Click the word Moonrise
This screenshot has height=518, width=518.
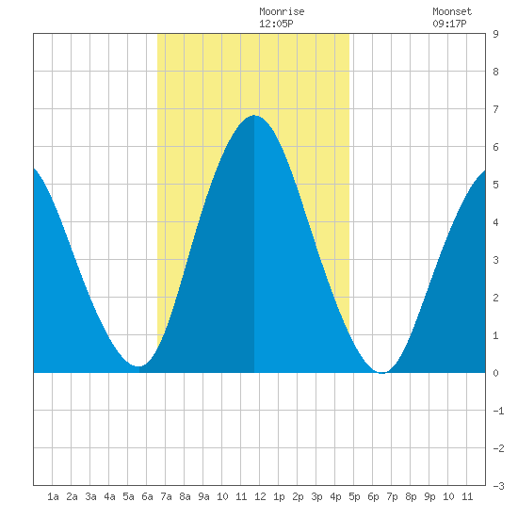282,11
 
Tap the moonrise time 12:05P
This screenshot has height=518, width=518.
276,24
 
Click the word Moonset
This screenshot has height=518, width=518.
452,11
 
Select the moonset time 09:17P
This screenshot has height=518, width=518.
449,24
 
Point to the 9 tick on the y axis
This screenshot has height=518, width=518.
495,34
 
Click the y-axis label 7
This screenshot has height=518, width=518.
495,109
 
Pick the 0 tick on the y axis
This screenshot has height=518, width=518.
495,373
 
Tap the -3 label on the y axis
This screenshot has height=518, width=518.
498,486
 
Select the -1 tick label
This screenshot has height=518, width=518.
498,411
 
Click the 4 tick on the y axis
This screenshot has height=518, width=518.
495,222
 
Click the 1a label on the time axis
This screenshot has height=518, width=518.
53,496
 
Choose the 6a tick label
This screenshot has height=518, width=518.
147,496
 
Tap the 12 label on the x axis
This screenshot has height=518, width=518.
260,496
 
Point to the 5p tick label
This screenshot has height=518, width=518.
354,496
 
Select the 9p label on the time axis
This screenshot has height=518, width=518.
429,496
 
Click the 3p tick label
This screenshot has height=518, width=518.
316,496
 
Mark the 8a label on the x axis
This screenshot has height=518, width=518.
185,496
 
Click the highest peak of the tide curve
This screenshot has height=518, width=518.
254,115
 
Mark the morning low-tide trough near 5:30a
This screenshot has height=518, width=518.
138,366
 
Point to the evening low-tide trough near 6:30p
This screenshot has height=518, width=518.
381,373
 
